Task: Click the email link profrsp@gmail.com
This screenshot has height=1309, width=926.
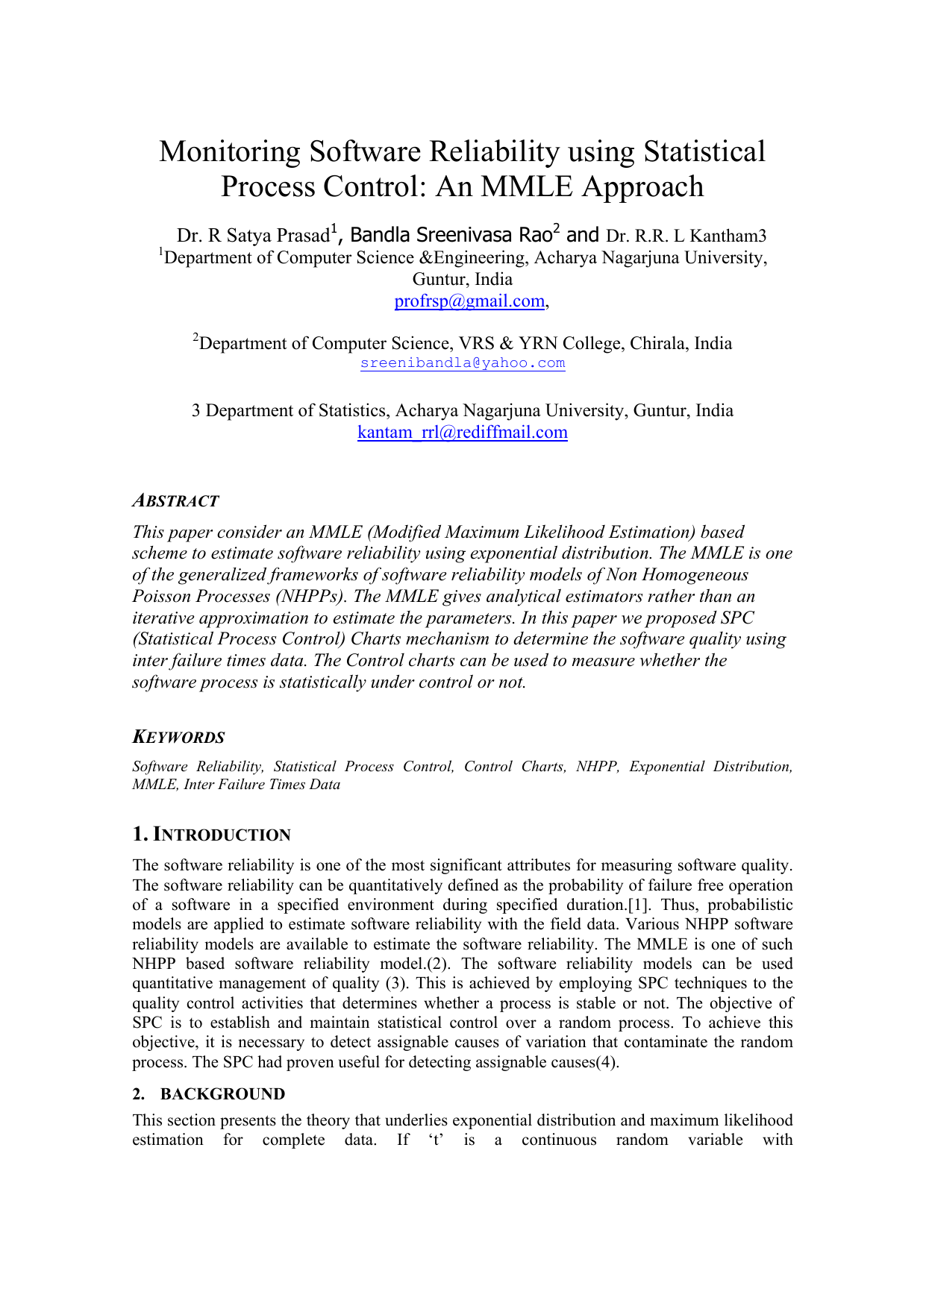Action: pyautogui.click(x=469, y=301)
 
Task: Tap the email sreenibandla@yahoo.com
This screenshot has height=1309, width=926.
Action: pyautogui.click(x=462, y=363)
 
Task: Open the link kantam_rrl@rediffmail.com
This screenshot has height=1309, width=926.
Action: pyautogui.click(x=462, y=433)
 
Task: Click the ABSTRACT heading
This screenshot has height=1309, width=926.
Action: pyautogui.click(x=175, y=501)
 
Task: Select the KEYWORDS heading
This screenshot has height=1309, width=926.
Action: pyautogui.click(x=178, y=738)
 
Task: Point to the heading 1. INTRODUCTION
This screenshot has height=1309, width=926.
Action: pyautogui.click(x=211, y=835)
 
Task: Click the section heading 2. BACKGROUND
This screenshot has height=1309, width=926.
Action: pyautogui.click(x=208, y=1094)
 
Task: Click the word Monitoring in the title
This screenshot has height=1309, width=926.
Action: pyautogui.click(x=229, y=152)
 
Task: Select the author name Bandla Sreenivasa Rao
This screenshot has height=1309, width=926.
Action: pyautogui.click(x=451, y=236)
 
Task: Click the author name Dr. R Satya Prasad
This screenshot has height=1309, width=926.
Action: pyautogui.click(x=253, y=236)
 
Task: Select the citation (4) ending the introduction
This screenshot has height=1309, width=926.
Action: pyautogui.click(x=607, y=1062)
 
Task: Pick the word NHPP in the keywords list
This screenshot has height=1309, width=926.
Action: pyautogui.click(x=597, y=767)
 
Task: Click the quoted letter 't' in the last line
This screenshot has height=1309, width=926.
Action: pyautogui.click(x=437, y=1140)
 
